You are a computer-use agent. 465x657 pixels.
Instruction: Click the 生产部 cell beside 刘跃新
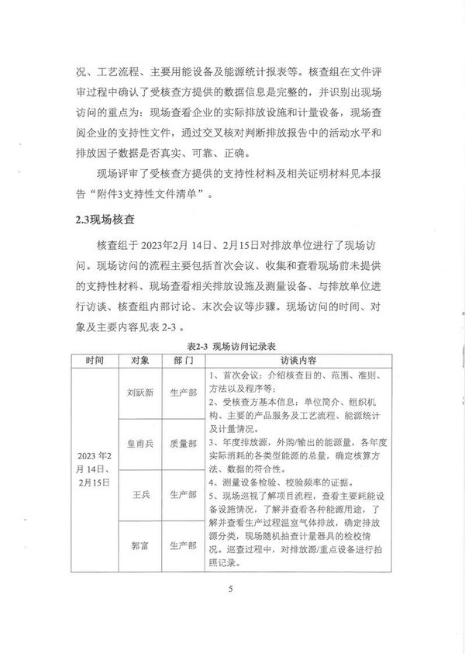coord(183,392)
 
